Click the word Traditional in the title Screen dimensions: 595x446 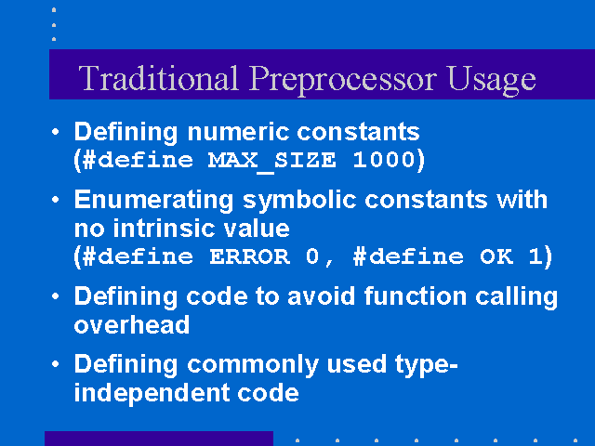coord(159,78)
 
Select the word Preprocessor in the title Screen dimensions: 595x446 coord(343,81)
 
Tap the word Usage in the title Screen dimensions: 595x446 coord(492,81)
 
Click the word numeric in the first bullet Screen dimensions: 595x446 coord(238,132)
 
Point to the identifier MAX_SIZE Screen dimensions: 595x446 coord(271,161)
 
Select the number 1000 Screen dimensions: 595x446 coord(384,159)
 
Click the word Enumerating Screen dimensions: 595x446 coord(153,201)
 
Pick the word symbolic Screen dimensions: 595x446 coord(299,201)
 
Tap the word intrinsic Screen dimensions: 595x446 coord(164,229)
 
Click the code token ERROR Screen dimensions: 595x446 coord(250,256)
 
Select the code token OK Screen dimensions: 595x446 coord(496,256)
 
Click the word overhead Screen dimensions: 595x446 coord(132,325)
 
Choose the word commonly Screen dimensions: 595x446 coord(252,365)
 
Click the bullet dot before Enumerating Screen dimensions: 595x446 coord(56,200)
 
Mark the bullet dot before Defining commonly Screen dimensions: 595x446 coord(56,364)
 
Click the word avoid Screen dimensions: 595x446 coord(321,295)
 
